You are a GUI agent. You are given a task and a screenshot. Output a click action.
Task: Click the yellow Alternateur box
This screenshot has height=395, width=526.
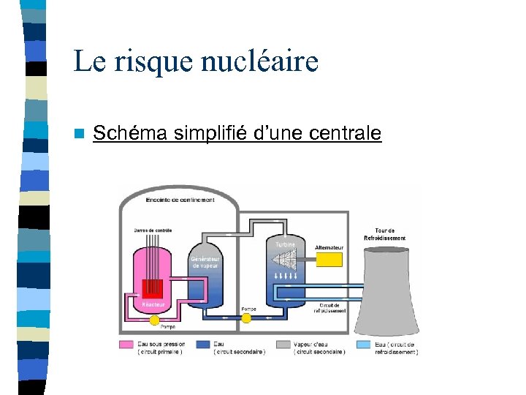tap(328, 260)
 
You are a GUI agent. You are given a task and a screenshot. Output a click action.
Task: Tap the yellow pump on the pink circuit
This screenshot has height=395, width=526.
tap(154, 320)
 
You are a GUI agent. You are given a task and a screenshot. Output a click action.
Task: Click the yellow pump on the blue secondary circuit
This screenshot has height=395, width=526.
tap(245, 317)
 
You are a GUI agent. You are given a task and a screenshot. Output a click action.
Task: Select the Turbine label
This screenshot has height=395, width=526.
tap(285, 244)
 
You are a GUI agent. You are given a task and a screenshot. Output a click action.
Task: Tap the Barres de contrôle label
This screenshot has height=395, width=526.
tap(153, 230)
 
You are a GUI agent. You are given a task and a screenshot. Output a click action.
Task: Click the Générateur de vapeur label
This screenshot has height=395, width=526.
tap(205, 262)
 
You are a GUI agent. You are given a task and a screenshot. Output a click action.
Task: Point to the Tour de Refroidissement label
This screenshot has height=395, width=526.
tap(385, 235)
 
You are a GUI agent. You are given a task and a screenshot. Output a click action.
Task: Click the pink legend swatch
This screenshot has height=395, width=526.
tap(126, 344)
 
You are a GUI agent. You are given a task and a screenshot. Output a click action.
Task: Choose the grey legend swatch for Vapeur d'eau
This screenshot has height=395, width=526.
tap(283, 344)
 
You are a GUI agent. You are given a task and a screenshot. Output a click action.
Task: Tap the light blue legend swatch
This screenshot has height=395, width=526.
tap(363, 344)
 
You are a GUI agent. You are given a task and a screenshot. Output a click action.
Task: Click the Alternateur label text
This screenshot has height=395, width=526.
tap(329, 247)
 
